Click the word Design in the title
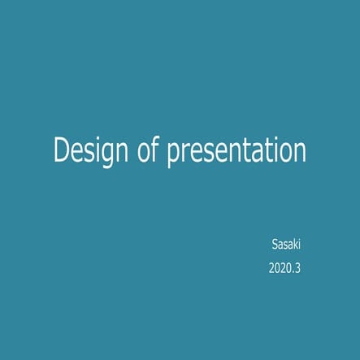(89, 152)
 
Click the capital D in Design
(60, 151)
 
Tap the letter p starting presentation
(173, 155)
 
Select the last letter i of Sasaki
(298, 244)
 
